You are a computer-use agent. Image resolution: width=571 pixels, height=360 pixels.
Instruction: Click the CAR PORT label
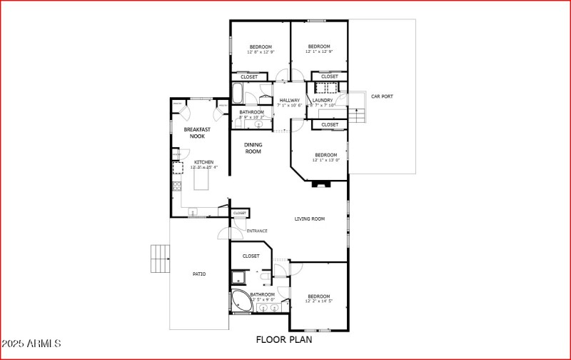pos(382,96)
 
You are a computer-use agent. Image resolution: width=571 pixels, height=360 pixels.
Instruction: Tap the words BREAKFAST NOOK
pos(197,133)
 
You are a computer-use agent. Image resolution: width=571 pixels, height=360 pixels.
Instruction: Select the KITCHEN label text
pos(204,162)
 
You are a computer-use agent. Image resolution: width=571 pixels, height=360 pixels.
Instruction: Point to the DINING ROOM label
pos(253,148)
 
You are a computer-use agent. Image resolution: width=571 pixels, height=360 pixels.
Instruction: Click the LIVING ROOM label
pos(310,219)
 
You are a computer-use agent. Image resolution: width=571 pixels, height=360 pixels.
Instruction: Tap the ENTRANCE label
pos(257,231)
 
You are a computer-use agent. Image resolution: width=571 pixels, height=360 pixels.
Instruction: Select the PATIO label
pos(199,274)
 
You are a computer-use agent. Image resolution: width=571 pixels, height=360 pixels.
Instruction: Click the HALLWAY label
pos(289,100)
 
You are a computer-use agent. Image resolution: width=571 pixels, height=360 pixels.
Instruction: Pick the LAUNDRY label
pos(323,100)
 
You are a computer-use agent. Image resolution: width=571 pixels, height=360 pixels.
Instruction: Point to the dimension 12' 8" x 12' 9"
pos(261,52)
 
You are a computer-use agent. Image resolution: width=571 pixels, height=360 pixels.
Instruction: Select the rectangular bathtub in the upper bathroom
pos(239,94)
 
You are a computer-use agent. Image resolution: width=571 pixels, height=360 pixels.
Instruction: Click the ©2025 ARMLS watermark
pos(33,344)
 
